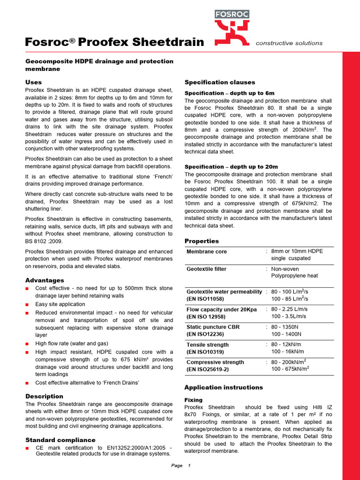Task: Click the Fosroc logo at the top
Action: pos(232,27)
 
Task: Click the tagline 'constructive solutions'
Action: pos(289,43)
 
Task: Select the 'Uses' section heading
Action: pos(33,82)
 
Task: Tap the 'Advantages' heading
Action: pos(45,280)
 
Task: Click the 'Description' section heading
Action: pos(44,396)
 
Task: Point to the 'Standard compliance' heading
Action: pos(60,440)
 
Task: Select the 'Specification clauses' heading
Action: pos(220,82)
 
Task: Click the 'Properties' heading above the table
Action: pos(202,241)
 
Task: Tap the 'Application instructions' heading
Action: pos(224,387)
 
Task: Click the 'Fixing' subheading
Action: pos(194,400)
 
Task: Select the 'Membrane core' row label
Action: pos(207,252)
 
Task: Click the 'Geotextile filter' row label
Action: pos(206,269)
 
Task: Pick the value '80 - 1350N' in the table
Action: pos(286,327)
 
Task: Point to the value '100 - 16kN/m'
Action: pos(287,352)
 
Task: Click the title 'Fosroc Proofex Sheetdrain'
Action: pos(114,43)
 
